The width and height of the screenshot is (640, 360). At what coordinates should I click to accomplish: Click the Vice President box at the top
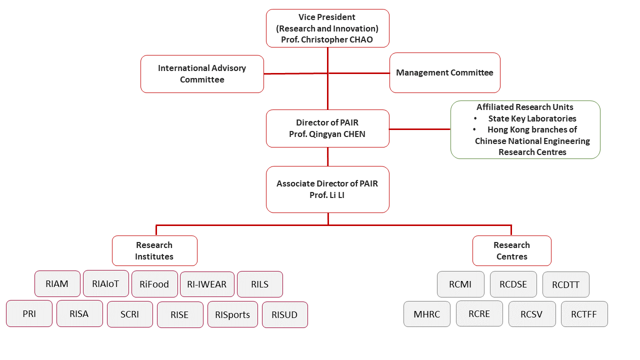tap(327, 28)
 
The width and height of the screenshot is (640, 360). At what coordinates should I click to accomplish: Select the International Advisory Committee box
tap(202, 74)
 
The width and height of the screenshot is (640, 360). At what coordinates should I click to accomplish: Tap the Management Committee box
tap(444, 73)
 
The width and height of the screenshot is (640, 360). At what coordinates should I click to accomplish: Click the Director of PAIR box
tap(327, 128)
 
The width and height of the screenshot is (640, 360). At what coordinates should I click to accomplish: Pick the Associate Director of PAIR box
tap(327, 189)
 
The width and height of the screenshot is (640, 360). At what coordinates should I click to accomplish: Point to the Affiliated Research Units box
tap(525, 129)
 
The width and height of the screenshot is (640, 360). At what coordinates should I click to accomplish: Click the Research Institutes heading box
tap(154, 251)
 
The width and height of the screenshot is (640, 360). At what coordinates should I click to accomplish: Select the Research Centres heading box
tap(511, 251)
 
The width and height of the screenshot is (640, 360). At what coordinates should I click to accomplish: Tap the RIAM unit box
tap(57, 284)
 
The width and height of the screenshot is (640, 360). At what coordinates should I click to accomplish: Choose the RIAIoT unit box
tap(106, 283)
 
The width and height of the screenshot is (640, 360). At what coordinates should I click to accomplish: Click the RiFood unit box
tap(154, 284)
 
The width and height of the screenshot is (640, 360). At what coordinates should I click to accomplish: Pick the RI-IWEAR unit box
tap(207, 284)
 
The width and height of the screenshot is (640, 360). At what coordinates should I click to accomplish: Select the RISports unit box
tap(232, 314)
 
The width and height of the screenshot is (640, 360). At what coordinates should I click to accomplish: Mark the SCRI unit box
tap(130, 314)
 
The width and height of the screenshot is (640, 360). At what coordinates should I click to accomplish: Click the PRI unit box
tap(29, 314)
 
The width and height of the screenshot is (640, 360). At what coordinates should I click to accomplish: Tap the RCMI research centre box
tap(460, 284)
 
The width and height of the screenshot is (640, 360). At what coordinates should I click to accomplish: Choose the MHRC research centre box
tap(427, 314)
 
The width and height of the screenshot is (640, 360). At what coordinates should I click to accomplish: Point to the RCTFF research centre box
tap(584, 314)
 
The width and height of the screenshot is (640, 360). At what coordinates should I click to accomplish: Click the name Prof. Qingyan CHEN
tap(327, 134)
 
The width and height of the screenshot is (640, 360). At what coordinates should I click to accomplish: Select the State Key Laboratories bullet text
tap(532, 118)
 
